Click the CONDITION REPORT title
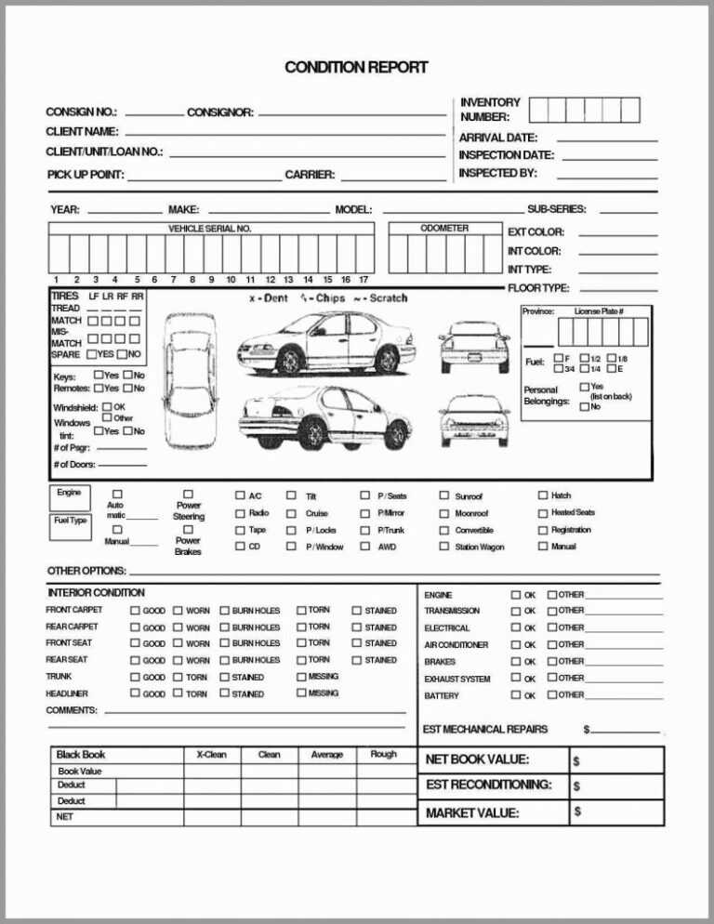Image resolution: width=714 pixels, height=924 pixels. click(x=356, y=67)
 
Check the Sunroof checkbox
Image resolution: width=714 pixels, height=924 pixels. click(x=444, y=496)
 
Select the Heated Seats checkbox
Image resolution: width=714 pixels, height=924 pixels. click(x=543, y=513)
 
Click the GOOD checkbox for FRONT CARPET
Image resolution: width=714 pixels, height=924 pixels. click(x=135, y=611)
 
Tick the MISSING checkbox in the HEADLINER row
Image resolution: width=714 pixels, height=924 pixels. click(x=300, y=693)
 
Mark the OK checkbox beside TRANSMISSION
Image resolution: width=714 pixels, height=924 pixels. click(x=515, y=611)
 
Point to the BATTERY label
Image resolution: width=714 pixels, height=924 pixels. click(x=442, y=695)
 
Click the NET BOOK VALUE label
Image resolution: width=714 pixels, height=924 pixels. click(x=477, y=759)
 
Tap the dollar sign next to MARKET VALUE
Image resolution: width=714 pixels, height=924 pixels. click(x=577, y=812)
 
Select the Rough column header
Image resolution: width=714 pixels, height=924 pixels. click(x=383, y=754)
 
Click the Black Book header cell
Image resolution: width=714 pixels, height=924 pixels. click(x=81, y=754)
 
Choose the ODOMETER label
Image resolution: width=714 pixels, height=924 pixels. click(x=444, y=228)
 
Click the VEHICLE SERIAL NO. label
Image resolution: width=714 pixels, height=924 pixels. click(x=209, y=229)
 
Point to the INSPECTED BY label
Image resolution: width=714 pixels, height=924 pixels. click(x=497, y=173)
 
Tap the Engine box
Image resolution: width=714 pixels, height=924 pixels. click(x=69, y=492)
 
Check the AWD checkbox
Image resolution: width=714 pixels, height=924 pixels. click(x=365, y=547)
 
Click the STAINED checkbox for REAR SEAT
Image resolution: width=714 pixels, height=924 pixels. click(x=357, y=661)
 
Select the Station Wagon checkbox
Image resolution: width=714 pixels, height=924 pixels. click(x=444, y=547)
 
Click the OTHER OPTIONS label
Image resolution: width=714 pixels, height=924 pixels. click(x=86, y=570)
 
